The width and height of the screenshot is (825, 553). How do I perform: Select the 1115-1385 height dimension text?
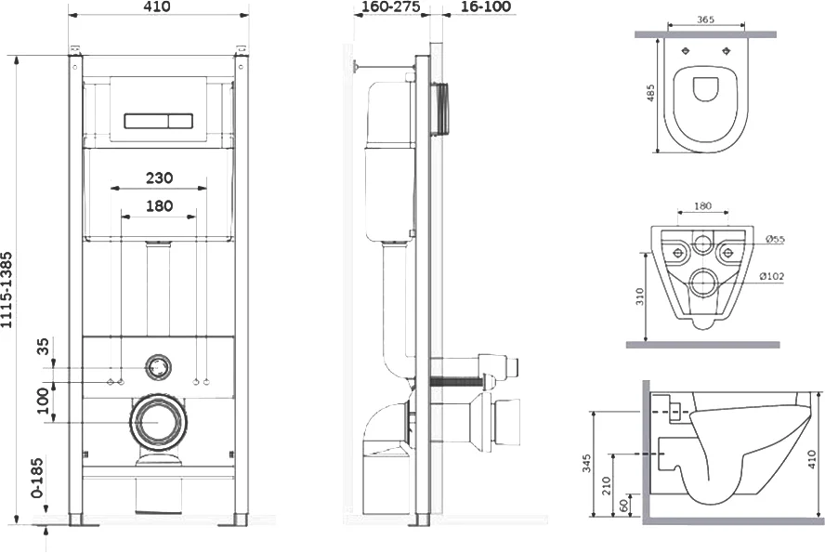(x=7, y=290)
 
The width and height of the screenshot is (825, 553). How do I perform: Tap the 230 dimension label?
(x=159, y=178)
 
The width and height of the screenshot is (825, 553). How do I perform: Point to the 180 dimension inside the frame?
(x=159, y=205)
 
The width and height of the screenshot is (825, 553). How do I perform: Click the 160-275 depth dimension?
(x=391, y=7)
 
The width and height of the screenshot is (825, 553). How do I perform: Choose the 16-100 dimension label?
(x=486, y=7)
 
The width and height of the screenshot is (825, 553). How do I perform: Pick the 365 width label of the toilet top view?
(x=705, y=20)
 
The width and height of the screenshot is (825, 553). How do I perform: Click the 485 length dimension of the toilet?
(x=651, y=93)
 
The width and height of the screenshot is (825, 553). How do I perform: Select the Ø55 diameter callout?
(x=775, y=240)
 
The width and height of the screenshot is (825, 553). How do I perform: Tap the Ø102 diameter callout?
(x=772, y=276)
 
